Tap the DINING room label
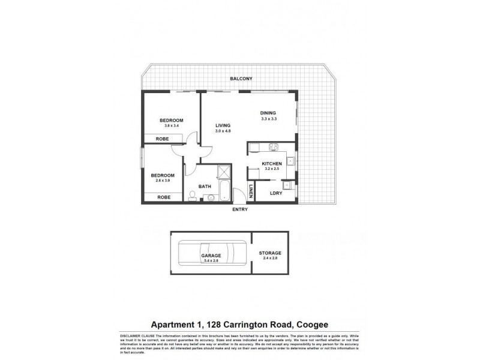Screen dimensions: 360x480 [x=268, y=113]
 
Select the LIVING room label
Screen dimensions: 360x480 [x=223, y=125]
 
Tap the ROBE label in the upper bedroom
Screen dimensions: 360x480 [x=162, y=139]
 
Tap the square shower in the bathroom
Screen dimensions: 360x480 [x=223, y=172]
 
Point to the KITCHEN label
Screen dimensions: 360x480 [x=272, y=164]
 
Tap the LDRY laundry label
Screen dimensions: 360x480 [x=276, y=193]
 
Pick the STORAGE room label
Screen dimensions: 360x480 [x=270, y=253]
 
